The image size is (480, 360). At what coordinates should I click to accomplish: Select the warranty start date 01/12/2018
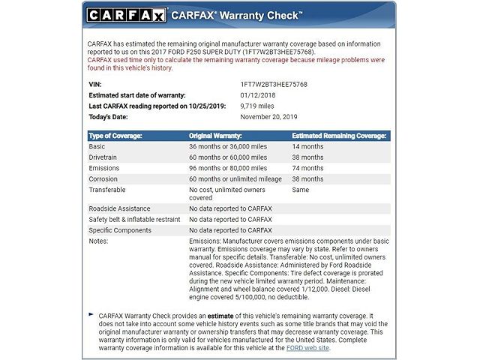point(257,96)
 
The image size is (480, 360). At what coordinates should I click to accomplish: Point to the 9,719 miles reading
point(258,107)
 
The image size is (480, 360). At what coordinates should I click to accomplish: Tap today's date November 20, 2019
point(269,118)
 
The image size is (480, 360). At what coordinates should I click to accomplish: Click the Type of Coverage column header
point(115,136)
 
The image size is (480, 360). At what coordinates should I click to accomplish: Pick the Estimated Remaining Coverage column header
point(339,136)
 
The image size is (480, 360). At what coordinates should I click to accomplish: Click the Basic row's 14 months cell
point(307,147)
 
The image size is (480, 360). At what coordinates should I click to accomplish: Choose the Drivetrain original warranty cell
point(228,157)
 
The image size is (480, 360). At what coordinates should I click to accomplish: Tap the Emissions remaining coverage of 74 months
point(307,169)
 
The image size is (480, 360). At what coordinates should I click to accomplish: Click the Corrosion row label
point(103,179)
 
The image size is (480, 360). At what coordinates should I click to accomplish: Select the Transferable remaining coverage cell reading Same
point(300,190)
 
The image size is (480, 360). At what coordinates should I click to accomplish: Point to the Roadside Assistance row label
point(119,208)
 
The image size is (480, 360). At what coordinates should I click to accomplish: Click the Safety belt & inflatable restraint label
point(134,219)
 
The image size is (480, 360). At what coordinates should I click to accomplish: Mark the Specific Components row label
point(120,230)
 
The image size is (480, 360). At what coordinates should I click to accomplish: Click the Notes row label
point(98,241)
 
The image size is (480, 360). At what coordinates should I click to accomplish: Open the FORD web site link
point(307,348)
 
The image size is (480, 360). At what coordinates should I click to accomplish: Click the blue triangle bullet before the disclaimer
point(91,315)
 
